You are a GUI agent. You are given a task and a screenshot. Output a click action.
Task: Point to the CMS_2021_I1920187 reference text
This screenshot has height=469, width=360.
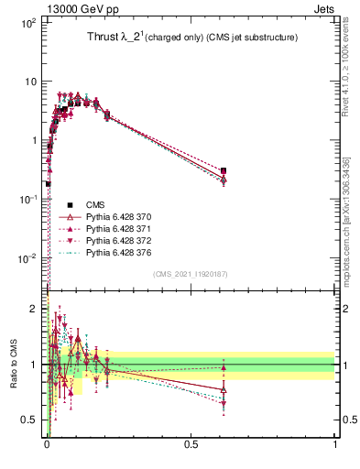click(x=191, y=274)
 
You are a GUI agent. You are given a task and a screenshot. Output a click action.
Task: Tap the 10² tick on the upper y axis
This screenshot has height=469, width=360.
click(x=27, y=22)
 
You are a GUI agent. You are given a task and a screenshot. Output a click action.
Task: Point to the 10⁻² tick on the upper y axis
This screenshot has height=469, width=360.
click(x=27, y=257)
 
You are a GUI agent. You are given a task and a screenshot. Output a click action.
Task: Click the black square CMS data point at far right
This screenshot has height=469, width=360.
click(x=224, y=170)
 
